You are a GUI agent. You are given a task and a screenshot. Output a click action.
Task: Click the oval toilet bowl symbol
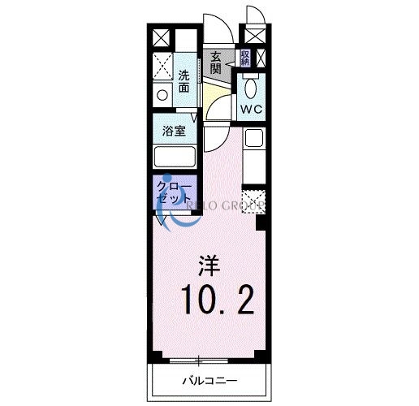(x=250, y=88)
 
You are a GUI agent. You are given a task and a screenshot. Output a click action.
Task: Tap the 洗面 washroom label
(x=186, y=80)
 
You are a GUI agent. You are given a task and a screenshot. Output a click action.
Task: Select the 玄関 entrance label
(x=215, y=63)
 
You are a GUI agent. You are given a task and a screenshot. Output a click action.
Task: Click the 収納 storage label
(x=244, y=58)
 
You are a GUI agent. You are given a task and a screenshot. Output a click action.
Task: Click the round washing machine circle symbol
(x=162, y=94)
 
